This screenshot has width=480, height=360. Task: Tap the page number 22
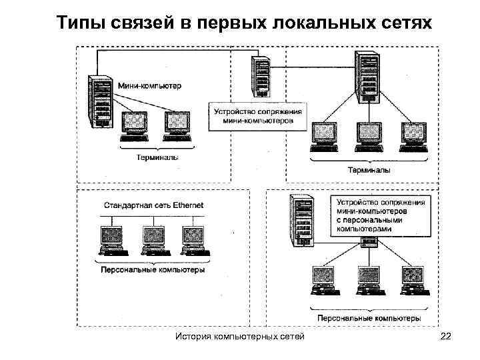point(446,337)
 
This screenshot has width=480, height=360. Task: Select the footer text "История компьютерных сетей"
point(239,337)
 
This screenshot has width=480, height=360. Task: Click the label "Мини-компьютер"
point(149,86)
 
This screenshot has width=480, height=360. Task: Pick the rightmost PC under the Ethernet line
point(193,241)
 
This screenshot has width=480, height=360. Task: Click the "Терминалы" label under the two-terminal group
point(157,159)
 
